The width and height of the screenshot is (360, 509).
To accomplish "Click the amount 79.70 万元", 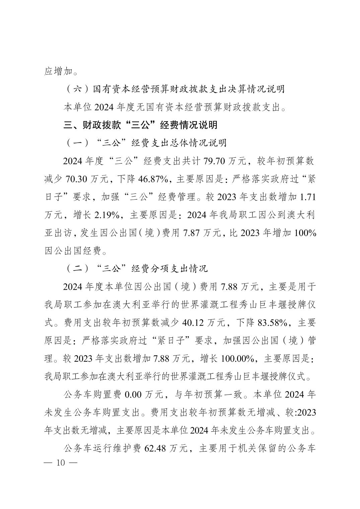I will click(224, 161).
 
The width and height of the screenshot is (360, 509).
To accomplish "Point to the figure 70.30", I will click(77, 179).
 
